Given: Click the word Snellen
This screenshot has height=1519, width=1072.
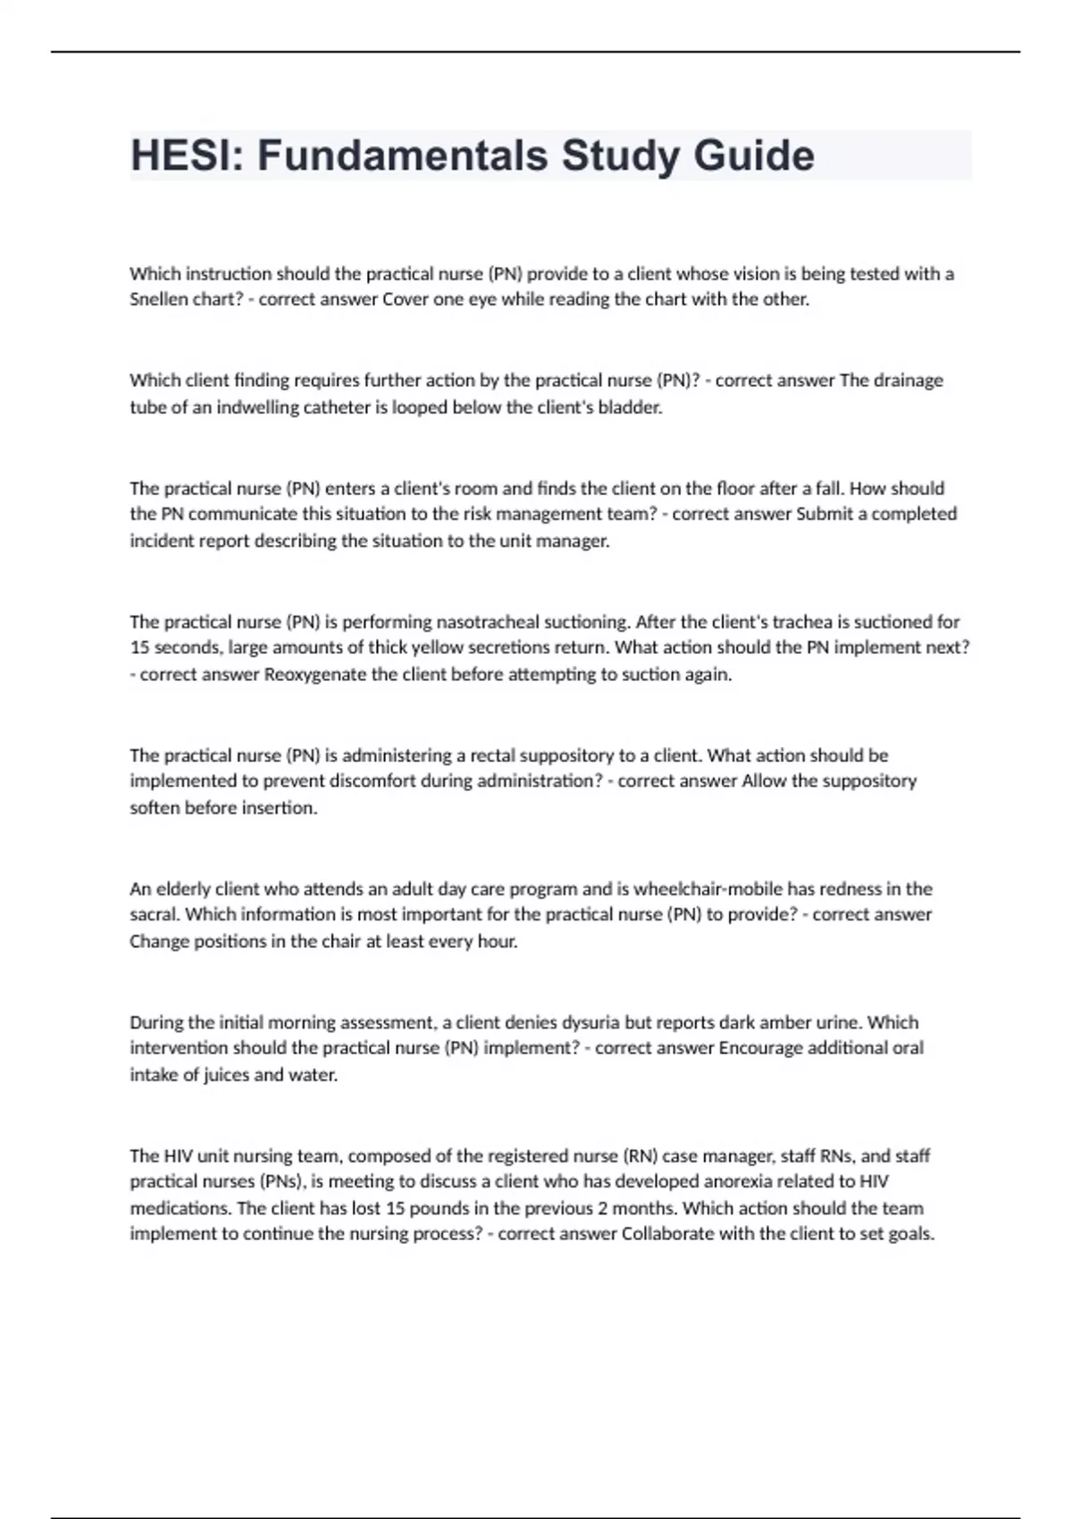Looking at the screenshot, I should click(157, 299).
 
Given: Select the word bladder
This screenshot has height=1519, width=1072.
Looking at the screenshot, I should click(630, 407).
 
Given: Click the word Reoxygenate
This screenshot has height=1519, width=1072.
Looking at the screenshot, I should click(315, 674).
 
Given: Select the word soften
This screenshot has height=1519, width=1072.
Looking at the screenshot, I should click(155, 808).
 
